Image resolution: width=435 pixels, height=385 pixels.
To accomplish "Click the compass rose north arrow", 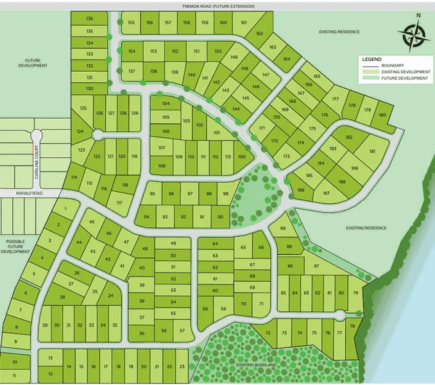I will (413, 34).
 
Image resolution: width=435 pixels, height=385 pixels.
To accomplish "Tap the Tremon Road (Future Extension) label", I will (218, 6).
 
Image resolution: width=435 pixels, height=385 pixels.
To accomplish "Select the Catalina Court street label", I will (37, 162).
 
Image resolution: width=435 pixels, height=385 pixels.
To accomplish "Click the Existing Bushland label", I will (257, 365).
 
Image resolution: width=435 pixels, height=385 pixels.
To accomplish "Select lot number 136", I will (89, 19).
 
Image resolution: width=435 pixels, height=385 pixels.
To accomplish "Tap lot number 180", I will (382, 115).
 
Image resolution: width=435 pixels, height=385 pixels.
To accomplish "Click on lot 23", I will (183, 366).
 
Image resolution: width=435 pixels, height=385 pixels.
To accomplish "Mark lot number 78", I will (352, 327).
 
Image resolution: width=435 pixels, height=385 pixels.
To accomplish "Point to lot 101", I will (217, 133).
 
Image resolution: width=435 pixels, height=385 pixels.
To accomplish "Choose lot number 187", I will (327, 193).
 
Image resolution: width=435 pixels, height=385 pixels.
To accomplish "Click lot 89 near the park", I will (283, 228).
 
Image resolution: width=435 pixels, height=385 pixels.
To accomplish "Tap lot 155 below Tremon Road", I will (131, 22).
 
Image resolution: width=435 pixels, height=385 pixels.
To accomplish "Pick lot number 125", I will (83, 109).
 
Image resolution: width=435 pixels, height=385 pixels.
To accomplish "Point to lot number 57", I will (182, 330).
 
